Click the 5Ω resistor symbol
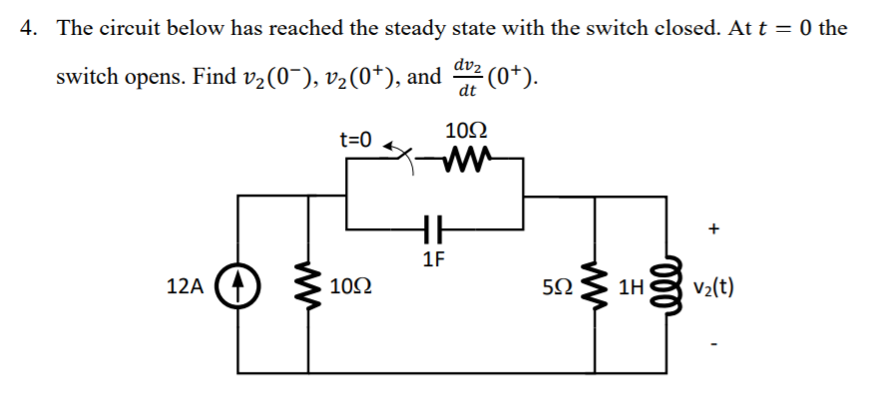coord(595,290)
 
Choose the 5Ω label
coord(562,290)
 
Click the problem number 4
coord(28,27)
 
